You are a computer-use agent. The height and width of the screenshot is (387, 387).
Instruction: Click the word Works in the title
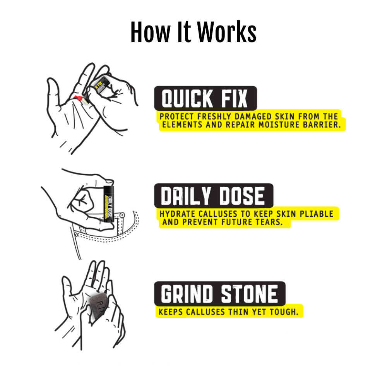tap(227, 32)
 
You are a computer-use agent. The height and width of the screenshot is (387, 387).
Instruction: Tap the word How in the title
tap(150, 32)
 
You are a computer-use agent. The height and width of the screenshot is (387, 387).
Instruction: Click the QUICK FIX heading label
tap(205, 98)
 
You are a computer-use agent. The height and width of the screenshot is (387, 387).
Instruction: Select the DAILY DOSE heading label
tap(214, 195)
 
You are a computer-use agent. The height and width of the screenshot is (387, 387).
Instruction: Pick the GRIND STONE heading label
tap(220, 293)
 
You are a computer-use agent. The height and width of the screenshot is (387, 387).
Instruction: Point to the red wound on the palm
tap(79, 98)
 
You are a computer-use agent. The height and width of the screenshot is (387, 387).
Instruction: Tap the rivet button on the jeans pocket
tap(122, 216)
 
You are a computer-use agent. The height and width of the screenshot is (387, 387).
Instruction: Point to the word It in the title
tap(184, 32)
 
